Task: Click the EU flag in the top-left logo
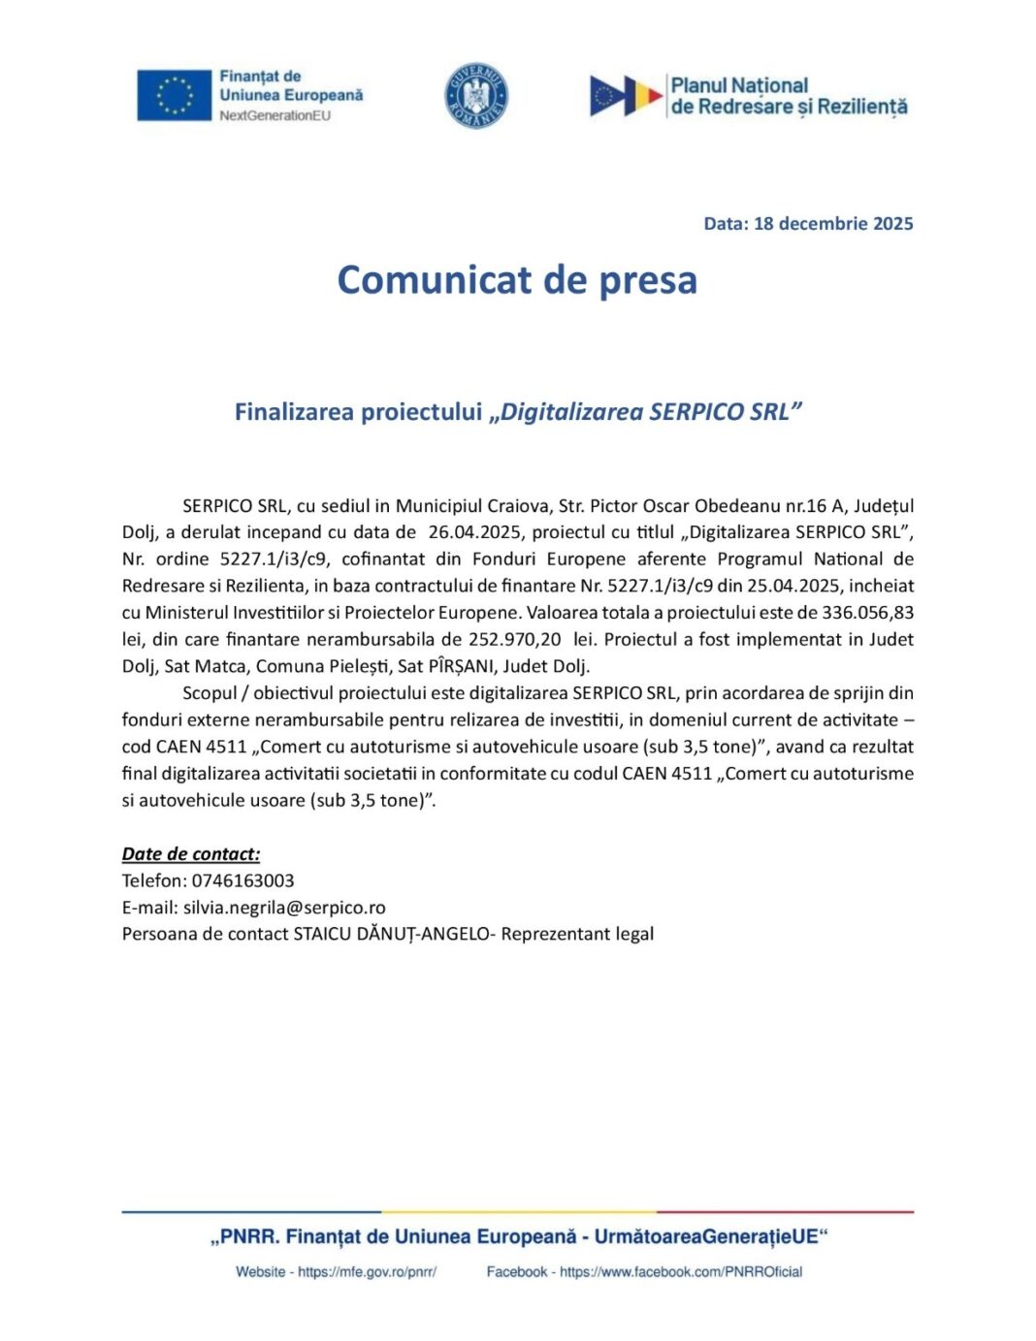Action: [x=174, y=95]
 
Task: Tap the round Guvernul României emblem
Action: [x=476, y=96]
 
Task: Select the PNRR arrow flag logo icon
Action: [x=625, y=96]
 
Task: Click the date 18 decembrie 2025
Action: [x=833, y=224]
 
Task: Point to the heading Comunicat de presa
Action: [x=517, y=280]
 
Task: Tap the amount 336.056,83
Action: [x=867, y=613]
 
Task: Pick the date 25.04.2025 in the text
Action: [x=793, y=586]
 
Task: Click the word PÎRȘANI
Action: [x=460, y=667]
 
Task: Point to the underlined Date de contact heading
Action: [x=191, y=854]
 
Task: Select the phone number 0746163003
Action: [x=243, y=881]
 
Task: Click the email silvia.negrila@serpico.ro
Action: [x=284, y=909]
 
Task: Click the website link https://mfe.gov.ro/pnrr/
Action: [x=367, y=1272]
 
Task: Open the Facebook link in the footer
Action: [x=681, y=1272]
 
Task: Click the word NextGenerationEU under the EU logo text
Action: [x=275, y=116]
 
